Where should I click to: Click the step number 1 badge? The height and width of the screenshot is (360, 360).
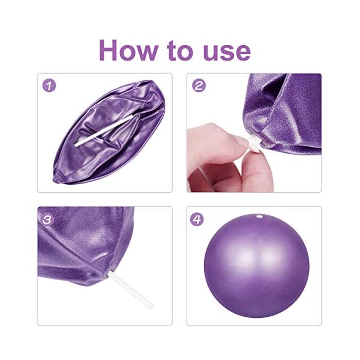click(x=49, y=85)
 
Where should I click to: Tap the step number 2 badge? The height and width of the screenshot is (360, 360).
click(x=199, y=85)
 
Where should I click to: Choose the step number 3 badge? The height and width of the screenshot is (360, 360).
click(x=49, y=219)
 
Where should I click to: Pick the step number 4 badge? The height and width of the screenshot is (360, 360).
click(x=198, y=219)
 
